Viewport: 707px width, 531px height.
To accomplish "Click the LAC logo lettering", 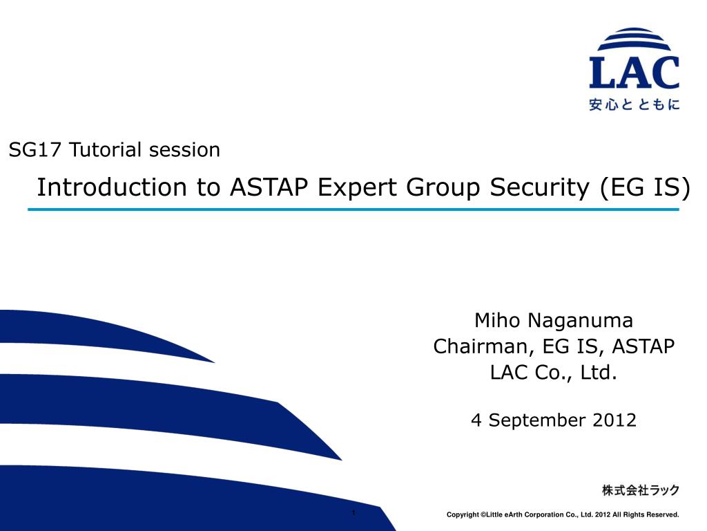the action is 634,72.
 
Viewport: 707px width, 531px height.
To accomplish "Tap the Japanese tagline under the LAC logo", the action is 634,105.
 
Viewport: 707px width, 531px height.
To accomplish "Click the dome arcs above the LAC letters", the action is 634,39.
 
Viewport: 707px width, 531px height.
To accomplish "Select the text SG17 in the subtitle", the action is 35,150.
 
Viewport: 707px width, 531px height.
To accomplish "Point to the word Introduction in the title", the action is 112,187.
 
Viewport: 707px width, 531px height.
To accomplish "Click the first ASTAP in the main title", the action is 269,187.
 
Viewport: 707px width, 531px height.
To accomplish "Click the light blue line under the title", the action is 353,209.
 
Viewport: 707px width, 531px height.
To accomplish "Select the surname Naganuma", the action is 580,321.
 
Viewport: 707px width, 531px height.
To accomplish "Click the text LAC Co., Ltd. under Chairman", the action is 554,373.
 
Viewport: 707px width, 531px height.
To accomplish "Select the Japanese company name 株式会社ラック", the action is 641,490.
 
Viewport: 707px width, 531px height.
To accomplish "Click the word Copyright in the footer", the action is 463,514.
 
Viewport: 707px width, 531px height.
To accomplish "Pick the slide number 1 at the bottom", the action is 353,513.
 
